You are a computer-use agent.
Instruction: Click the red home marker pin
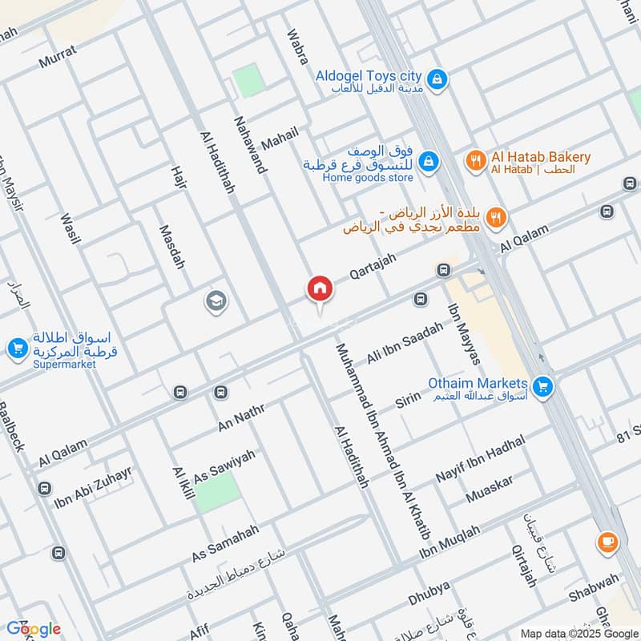(x=319, y=289)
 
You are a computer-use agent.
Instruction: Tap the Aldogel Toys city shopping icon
(x=437, y=79)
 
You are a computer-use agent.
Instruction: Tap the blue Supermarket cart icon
(x=17, y=349)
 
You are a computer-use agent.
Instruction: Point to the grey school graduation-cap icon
(x=216, y=301)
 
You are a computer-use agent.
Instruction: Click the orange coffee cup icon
(x=607, y=542)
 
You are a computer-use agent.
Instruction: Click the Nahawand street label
(x=249, y=145)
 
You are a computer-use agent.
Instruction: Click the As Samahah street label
(x=225, y=543)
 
